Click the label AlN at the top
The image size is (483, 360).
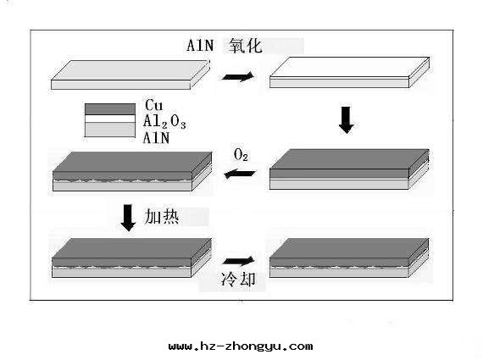pyautogui.click(x=203, y=47)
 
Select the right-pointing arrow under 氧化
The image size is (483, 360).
pyautogui.click(x=237, y=76)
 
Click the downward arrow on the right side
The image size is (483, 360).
pyautogui.click(x=345, y=119)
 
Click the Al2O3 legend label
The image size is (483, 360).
pyautogui.click(x=164, y=121)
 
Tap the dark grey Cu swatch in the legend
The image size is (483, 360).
pyautogui.click(x=109, y=108)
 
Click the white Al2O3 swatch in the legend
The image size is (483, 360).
pyautogui.click(x=109, y=119)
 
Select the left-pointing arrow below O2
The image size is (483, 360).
pyautogui.click(x=240, y=174)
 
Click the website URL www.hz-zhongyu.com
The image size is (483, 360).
pyautogui.click(x=241, y=346)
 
